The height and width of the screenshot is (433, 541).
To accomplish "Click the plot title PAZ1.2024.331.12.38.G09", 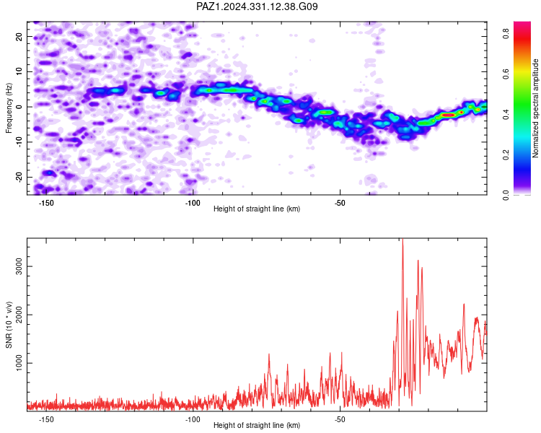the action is pyautogui.click(x=257, y=6).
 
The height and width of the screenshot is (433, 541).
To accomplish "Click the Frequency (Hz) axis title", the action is pyautogui.click(x=9, y=108).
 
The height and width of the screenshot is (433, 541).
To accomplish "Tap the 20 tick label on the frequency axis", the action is pyautogui.click(x=19, y=36).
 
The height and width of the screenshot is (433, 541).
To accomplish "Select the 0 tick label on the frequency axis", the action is pyautogui.click(x=19, y=107).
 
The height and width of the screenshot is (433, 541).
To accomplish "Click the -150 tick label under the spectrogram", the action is pyautogui.click(x=45, y=203).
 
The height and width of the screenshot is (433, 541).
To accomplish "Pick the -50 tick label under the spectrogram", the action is pyautogui.click(x=340, y=203).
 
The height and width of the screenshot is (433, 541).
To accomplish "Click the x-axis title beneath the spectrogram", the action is pyautogui.click(x=257, y=209).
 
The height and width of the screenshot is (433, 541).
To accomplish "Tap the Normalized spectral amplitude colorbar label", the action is pyautogui.click(x=535, y=108).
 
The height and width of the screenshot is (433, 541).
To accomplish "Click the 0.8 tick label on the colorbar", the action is pyautogui.click(x=506, y=34).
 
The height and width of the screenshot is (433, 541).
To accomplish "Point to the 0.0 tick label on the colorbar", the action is pyautogui.click(x=506, y=195).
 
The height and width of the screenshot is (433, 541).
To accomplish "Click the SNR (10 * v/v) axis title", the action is pyautogui.click(x=9, y=325).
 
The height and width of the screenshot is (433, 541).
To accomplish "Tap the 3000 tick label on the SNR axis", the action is pyautogui.click(x=19, y=266).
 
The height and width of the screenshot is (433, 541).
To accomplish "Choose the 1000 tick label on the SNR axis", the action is pyautogui.click(x=19, y=363).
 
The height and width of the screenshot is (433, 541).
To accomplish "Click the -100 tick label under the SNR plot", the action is pyautogui.click(x=193, y=419).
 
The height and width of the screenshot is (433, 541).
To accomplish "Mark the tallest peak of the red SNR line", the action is pyautogui.click(x=403, y=239).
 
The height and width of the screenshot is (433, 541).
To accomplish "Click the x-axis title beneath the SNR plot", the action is pyautogui.click(x=257, y=425).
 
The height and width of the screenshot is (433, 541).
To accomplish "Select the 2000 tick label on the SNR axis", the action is pyautogui.click(x=19, y=315).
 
